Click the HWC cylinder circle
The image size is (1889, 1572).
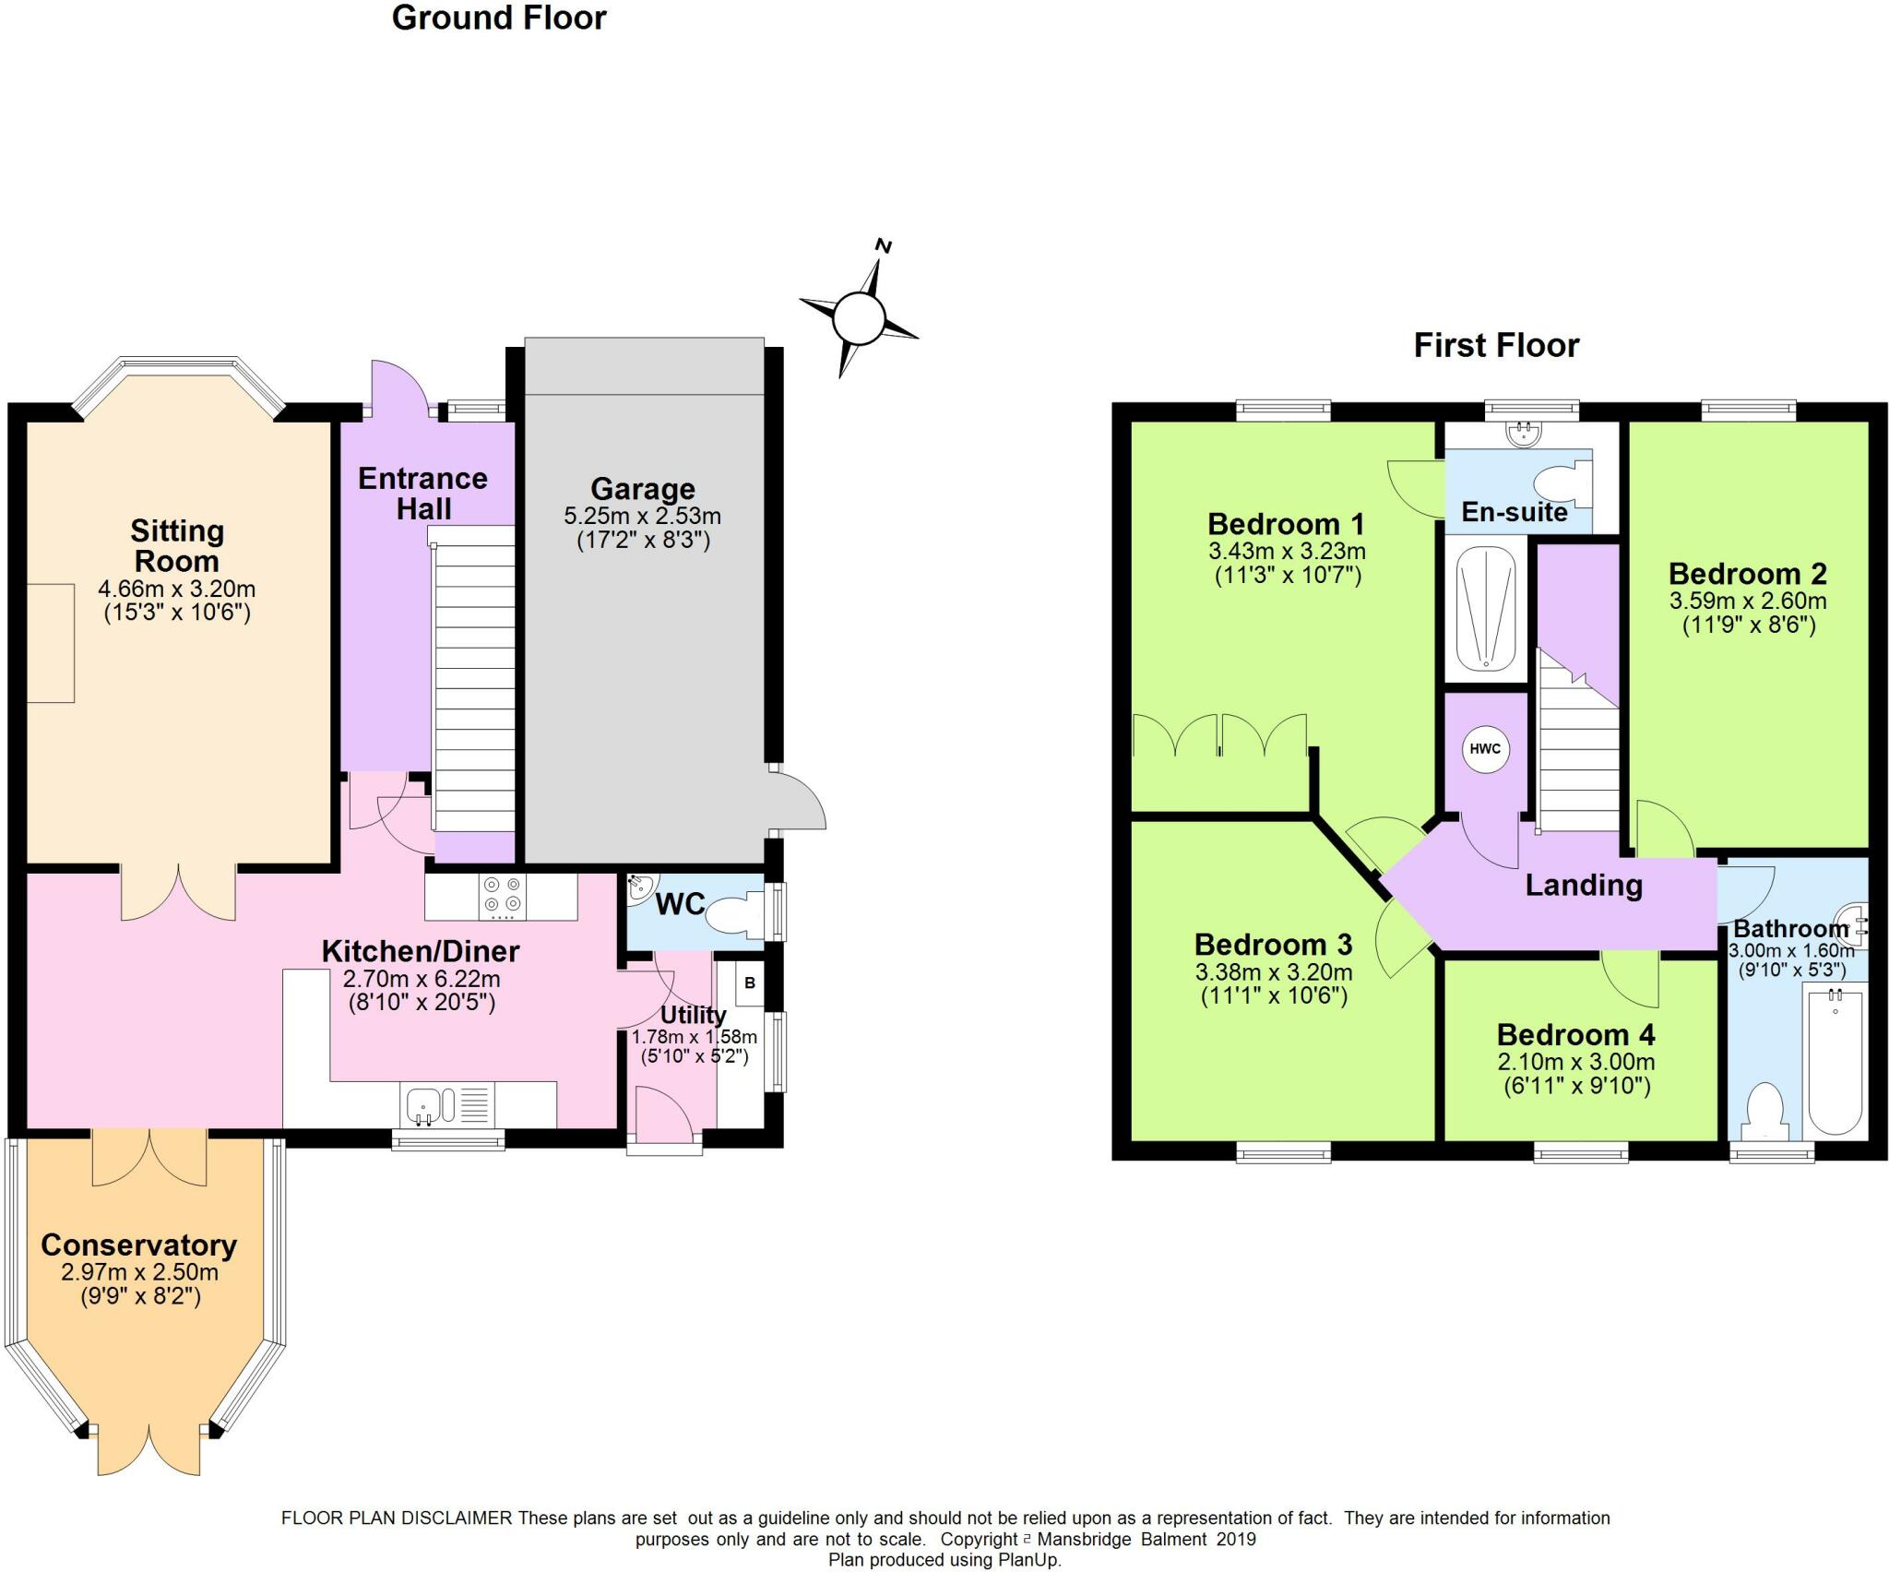pyautogui.click(x=1484, y=748)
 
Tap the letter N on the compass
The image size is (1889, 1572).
pyautogui.click(x=884, y=246)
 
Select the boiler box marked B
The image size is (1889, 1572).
pyautogui.click(x=750, y=983)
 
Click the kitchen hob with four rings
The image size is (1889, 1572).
pyautogui.click(x=502, y=896)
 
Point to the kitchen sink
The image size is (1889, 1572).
pyautogui.click(x=434, y=1104)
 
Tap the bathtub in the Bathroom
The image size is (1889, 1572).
pyautogui.click(x=1835, y=1058)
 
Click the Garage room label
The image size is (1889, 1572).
pyautogui.click(x=643, y=489)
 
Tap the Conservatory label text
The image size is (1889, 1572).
pyautogui.click(x=139, y=1244)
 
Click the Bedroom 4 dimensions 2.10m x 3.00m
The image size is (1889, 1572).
pyautogui.click(x=1576, y=1062)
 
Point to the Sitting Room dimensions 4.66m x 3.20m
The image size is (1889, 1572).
pyautogui.click(x=177, y=589)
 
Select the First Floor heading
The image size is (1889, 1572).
pyautogui.click(x=1496, y=345)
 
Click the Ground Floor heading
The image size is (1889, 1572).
pyautogui.click(x=499, y=18)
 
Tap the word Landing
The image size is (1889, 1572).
pyautogui.click(x=1584, y=886)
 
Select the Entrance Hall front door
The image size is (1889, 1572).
pyautogui.click(x=399, y=387)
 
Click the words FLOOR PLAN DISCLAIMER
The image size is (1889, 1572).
pyautogui.click(x=397, y=1518)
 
